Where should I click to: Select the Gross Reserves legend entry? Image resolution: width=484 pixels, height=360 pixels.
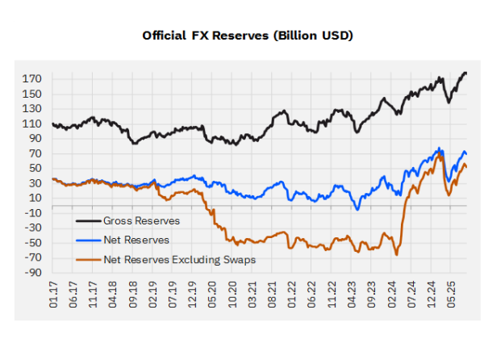(140, 220)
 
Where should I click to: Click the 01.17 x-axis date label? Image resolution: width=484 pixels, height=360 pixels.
(53, 299)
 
